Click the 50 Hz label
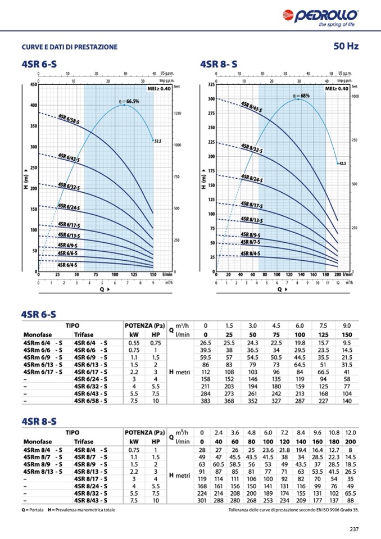coord(346,46)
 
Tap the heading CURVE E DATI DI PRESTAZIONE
coord(70,47)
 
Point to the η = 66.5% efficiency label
coord(129,101)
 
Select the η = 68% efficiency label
coord(301,96)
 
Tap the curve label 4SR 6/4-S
coord(68,264)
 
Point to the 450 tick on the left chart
coord(33,85)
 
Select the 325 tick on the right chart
coord(211,85)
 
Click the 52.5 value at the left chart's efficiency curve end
coord(158,142)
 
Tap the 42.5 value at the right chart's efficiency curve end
coord(343,164)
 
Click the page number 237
coord(354,528)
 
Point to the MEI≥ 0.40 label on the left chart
coord(160,88)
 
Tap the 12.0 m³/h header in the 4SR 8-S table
coord(351,433)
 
